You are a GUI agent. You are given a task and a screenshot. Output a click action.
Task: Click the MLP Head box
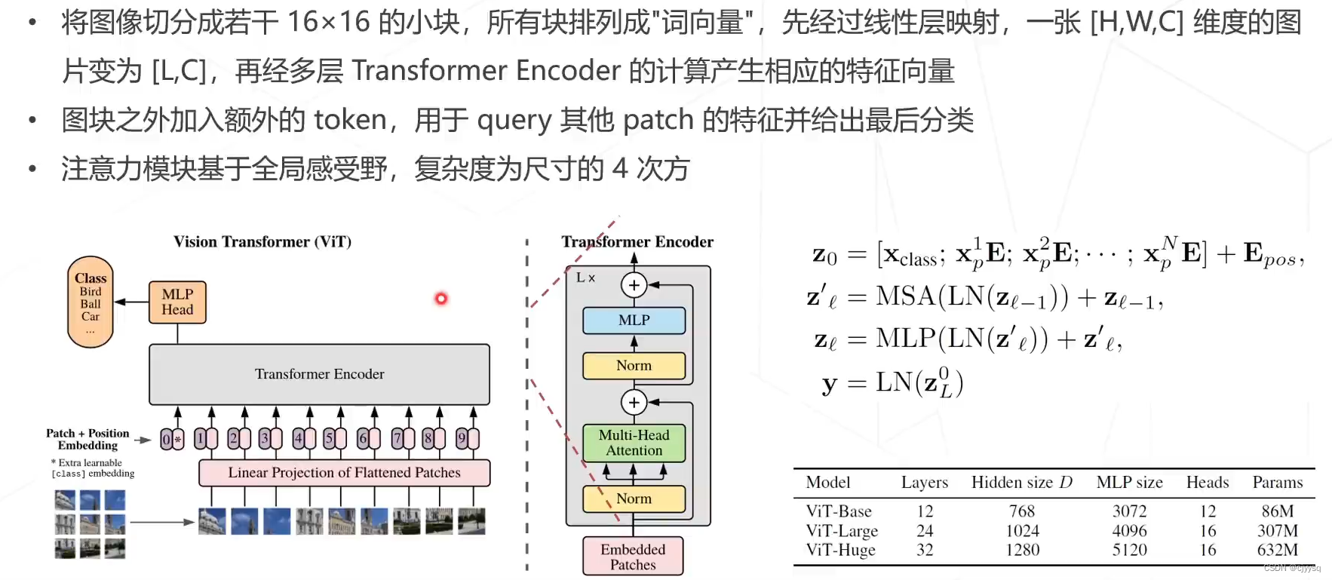[x=177, y=302]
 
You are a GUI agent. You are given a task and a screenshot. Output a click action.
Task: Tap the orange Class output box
[x=91, y=302]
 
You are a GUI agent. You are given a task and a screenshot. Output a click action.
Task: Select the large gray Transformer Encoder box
[x=319, y=374]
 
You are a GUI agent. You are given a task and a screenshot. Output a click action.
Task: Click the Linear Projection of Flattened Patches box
[x=344, y=473]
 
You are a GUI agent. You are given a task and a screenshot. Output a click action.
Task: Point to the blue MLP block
[x=634, y=321]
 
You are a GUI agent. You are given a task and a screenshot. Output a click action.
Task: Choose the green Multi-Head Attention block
[x=634, y=443]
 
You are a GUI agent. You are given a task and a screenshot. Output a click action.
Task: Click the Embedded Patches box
[x=633, y=557]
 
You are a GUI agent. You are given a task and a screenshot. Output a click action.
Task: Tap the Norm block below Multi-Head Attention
[x=634, y=499]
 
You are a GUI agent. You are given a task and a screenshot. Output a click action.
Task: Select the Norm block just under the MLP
[x=634, y=366]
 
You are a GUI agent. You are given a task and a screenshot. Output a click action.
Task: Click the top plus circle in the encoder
[x=634, y=285]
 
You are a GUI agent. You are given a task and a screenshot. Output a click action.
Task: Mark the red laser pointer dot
[x=441, y=299]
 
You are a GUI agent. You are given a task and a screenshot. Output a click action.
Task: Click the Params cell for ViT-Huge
[x=1277, y=550]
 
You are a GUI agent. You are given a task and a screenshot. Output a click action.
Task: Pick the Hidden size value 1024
[x=1022, y=531]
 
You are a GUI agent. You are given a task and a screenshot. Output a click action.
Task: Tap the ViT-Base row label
[x=839, y=511]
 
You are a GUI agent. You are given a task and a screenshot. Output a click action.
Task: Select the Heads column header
[x=1207, y=483]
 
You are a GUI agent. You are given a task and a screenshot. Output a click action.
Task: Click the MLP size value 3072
[x=1129, y=511]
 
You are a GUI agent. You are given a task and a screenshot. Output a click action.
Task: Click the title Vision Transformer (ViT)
[x=262, y=242]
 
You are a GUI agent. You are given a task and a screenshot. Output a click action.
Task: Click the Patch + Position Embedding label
[x=87, y=439]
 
